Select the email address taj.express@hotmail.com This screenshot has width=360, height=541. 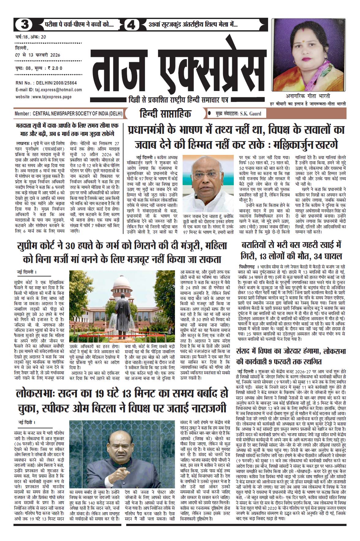58,90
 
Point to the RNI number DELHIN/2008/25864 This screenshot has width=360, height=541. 57,83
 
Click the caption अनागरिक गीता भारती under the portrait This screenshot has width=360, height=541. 310,96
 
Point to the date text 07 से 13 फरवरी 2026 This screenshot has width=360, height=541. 38,55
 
